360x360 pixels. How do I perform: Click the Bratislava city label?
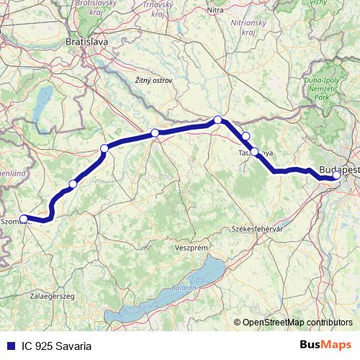pyautogui.click(x=86, y=42)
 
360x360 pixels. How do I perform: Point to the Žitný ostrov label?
pyautogui.click(x=153, y=81)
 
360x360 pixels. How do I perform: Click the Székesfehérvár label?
pyautogui.click(x=254, y=228)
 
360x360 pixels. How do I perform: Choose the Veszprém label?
pyautogui.click(x=191, y=247)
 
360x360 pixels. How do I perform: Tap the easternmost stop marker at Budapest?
pyautogui.click(x=337, y=175)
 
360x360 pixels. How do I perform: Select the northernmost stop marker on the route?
pyautogui.click(x=217, y=120)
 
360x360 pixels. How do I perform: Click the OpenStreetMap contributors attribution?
pyautogui.click(x=297, y=322)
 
